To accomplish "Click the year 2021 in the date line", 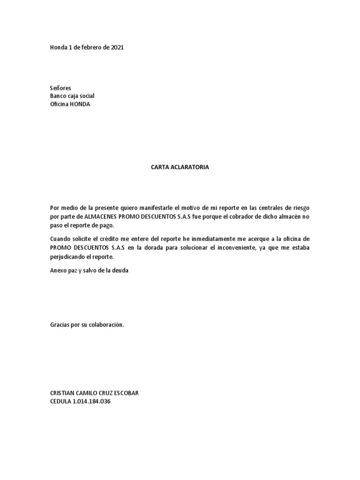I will pos(117,48).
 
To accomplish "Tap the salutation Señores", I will pos(60,88).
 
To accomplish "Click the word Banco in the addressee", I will pos(59,96).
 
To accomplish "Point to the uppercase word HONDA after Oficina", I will pos(80,104).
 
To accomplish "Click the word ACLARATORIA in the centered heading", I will pos(189,167).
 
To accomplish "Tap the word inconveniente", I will pos(230,247).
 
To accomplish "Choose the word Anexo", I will pos(58,270).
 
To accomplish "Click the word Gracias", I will pos(60,324).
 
